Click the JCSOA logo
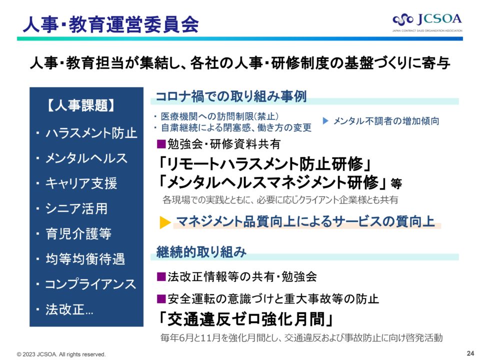pos(427,22)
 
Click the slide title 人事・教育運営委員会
pos(111,24)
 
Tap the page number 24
pos(470,353)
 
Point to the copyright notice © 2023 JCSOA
pos(61,354)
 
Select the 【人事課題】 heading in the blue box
pos(81,105)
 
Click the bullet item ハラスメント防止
pos(91,133)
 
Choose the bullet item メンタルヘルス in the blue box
pos(86,158)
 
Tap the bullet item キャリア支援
pos(81,183)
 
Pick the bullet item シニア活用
pos(76,208)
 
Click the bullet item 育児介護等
pos(78,233)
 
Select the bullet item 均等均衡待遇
pos(85,259)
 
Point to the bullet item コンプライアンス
pos(90,284)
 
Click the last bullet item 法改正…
pos(69,309)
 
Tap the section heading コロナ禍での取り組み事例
pos(231,96)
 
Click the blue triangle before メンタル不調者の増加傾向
pos(325,121)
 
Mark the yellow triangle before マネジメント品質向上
pos(165,222)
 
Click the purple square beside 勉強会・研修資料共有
pos(161,144)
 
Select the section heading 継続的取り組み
pos(201,252)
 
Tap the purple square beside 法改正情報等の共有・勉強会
pos(161,276)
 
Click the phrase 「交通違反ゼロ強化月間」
pos(245,319)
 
